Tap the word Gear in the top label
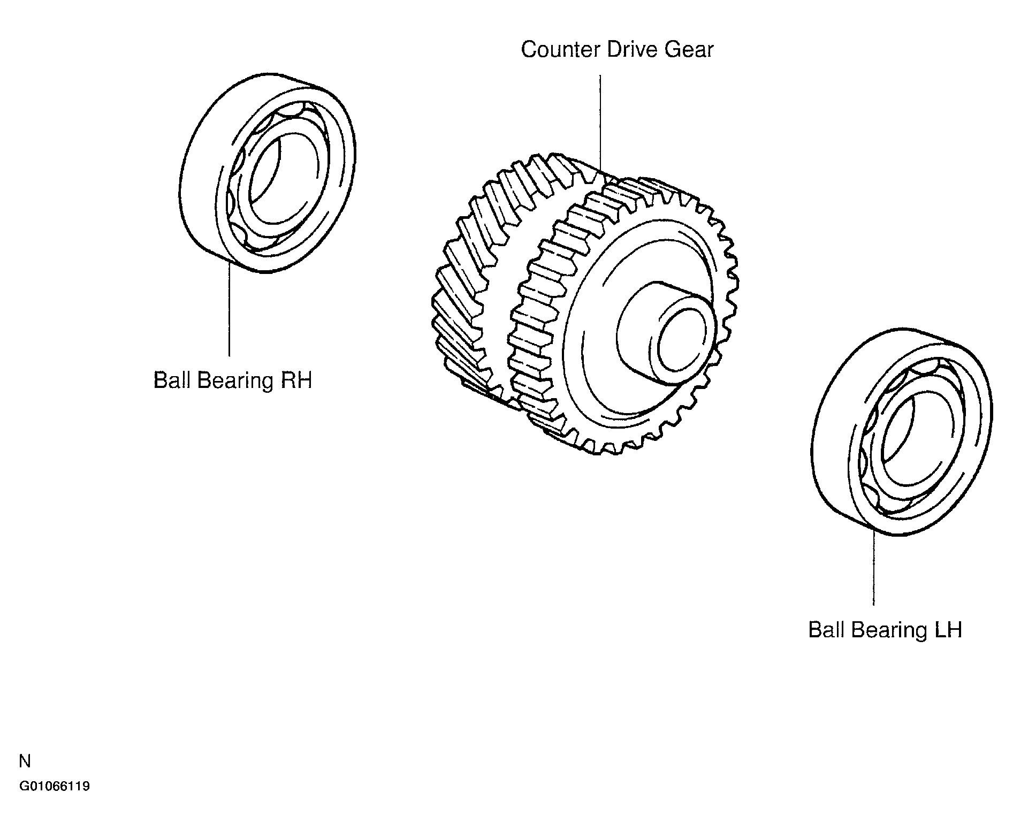click(x=689, y=50)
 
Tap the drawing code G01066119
click(x=55, y=787)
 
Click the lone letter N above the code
click(x=25, y=761)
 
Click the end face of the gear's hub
click(x=685, y=342)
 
